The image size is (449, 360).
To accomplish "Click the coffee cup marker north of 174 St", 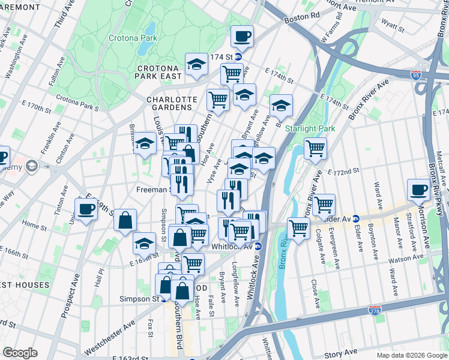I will [242, 37].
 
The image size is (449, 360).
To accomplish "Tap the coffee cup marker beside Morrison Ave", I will [418, 190].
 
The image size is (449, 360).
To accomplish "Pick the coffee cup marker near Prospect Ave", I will [86, 209].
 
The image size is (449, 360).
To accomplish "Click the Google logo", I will [20, 353].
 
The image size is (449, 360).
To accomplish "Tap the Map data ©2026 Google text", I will [411, 355].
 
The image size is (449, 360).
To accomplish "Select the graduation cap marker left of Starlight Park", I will [281, 106].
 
